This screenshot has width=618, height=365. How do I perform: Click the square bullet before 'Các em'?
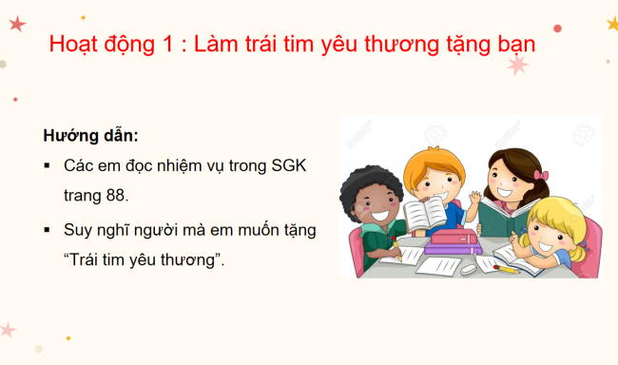47,165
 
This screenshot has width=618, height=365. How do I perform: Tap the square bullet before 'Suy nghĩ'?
47,229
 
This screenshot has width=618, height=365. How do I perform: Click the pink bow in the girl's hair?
540,175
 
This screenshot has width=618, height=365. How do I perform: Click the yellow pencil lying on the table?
505,268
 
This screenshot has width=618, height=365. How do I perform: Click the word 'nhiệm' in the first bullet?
189,165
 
